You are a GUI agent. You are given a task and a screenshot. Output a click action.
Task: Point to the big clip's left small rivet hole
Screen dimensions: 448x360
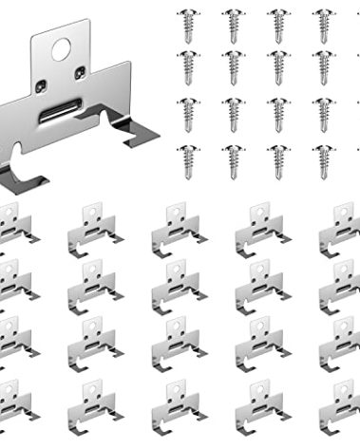[x=40, y=87]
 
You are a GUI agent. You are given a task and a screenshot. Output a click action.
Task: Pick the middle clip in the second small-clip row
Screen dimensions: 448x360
[x=176, y=289]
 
